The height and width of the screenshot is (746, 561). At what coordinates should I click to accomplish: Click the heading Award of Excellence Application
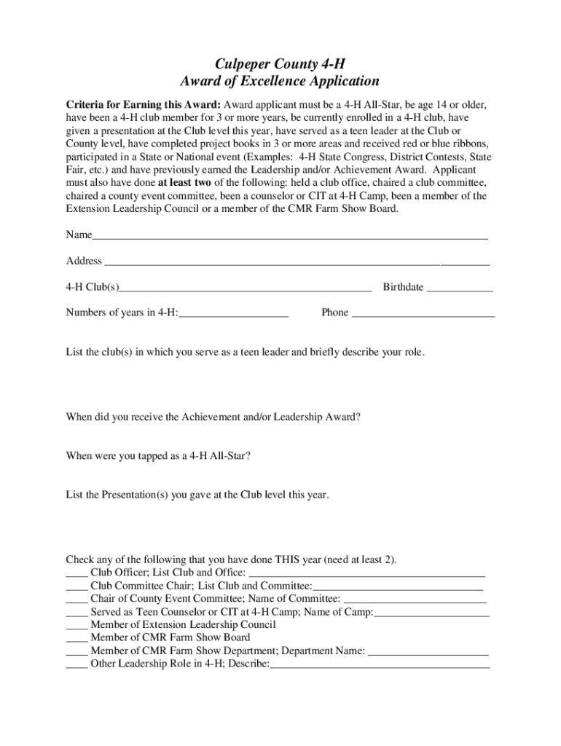pos(280,82)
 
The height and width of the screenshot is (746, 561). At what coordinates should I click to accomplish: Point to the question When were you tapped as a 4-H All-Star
pos(160,456)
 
